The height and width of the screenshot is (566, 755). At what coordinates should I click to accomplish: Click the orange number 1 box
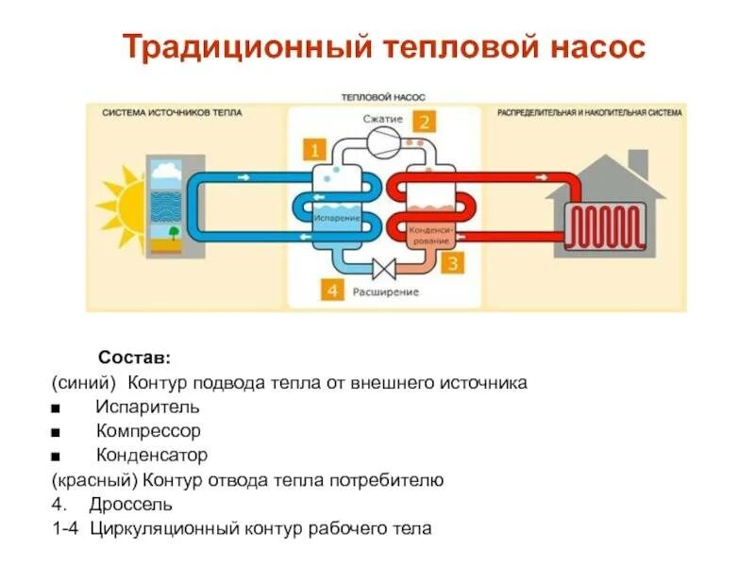(x=313, y=149)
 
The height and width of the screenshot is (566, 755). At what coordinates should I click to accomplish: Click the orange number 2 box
(x=426, y=122)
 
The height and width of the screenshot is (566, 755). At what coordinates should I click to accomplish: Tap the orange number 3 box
(x=452, y=263)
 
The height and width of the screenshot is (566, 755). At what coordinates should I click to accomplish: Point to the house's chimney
(x=639, y=163)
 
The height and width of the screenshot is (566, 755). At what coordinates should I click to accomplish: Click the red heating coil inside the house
(x=606, y=226)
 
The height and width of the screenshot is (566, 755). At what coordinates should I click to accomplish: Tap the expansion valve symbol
(x=384, y=269)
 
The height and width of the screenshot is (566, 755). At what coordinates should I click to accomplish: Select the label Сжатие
(x=382, y=120)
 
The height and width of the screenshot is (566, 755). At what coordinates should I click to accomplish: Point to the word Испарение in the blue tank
(x=337, y=218)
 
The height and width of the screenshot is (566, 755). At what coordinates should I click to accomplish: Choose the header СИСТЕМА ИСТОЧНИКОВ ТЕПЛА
(x=173, y=112)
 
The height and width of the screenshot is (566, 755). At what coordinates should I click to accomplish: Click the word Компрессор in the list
(x=148, y=430)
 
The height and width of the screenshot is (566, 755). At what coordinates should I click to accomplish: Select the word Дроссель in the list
(x=131, y=504)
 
